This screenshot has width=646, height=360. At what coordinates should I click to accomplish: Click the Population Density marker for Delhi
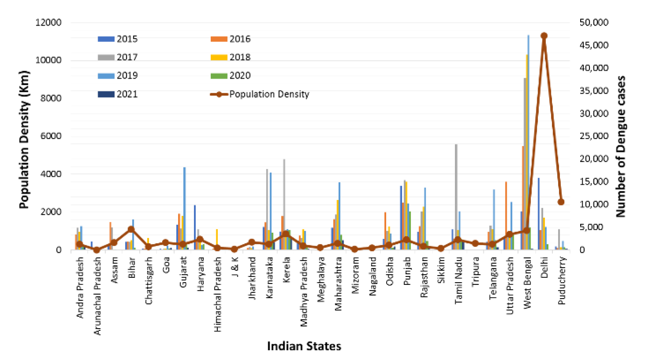pos(544,36)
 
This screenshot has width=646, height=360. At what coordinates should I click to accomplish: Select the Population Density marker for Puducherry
pos(561,202)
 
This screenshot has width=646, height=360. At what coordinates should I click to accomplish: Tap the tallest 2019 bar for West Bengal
pos(528,133)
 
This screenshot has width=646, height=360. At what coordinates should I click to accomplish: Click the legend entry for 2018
pos(230,57)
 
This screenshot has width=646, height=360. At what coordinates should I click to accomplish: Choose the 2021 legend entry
pos(118,94)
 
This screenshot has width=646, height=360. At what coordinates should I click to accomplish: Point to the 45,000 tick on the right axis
pos(594,45)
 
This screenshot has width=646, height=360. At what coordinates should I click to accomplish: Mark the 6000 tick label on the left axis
pos(51,136)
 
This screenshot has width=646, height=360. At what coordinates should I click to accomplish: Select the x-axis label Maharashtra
pos(338,284)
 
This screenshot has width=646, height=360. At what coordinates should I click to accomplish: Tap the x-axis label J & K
pos(235,267)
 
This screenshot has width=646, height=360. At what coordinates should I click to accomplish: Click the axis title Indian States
pos(304,346)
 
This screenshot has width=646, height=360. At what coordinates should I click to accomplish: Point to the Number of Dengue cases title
pos(621,146)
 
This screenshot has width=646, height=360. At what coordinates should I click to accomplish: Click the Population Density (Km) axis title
pos(24,139)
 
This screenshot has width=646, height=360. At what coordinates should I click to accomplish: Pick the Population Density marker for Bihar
pos(131,229)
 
